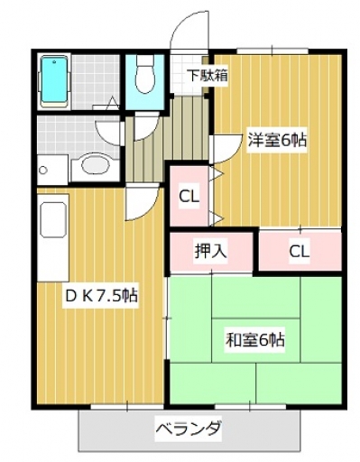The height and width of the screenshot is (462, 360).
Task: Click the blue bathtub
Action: pyautogui.click(x=54, y=81)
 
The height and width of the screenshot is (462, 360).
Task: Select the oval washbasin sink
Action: pyautogui.click(x=95, y=164)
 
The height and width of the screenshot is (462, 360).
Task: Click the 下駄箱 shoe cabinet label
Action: pyautogui.click(x=208, y=76)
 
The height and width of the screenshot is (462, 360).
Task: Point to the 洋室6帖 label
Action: pyautogui.click(x=277, y=140)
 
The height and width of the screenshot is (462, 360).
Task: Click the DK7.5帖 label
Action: pyautogui.click(x=101, y=296)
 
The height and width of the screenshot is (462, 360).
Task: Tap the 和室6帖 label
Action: pyautogui.click(x=255, y=340)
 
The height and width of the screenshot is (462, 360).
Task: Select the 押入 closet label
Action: pyautogui.click(x=210, y=251)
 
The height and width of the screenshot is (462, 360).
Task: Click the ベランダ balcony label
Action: pyautogui.click(x=189, y=428)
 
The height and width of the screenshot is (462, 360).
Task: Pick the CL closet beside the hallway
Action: pyautogui.click(x=189, y=197)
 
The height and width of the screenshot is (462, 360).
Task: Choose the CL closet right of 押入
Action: pyautogui.click(x=300, y=251)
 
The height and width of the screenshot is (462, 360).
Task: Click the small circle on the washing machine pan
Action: pyautogui.click(x=43, y=170)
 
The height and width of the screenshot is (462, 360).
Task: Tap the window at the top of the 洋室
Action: pyautogui.click(x=272, y=51)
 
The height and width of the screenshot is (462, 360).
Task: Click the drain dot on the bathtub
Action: pyautogui.click(x=54, y=62)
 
